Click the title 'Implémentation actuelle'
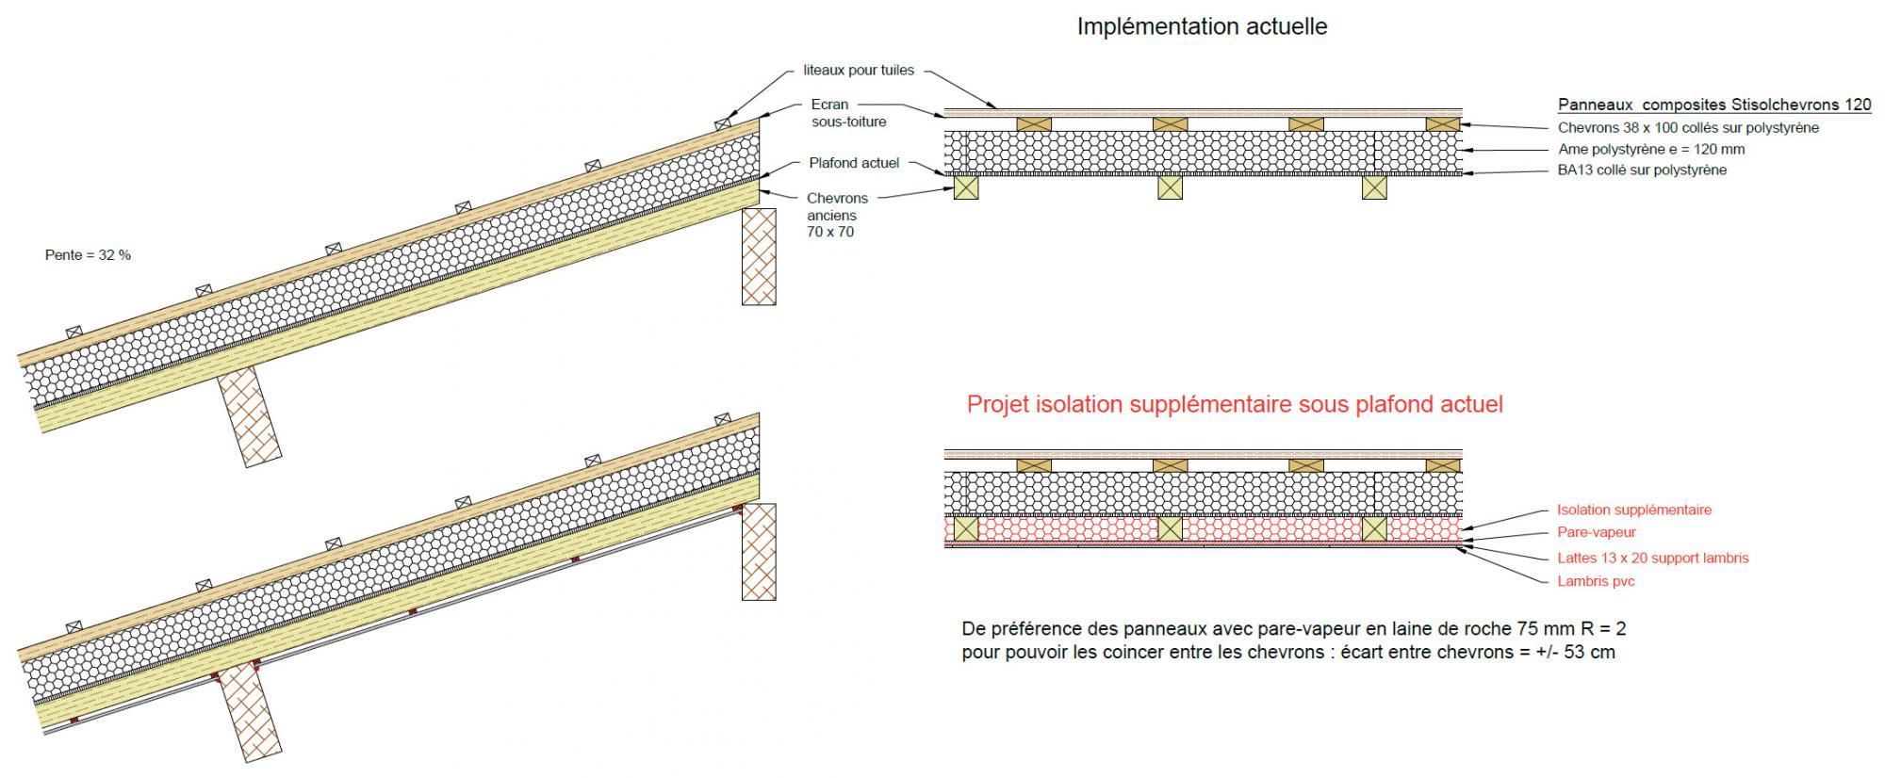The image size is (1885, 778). pyautogui.click(x=1202, y=27)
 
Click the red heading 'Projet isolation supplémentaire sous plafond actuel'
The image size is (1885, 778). pyautogui.click(x=1235, y=405)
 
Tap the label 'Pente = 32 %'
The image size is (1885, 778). pyautogui.click(x=88, y=255)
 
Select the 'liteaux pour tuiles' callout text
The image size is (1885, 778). pyautogui.click(x=859, y=71)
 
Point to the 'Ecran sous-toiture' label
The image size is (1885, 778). pyautogui.click(x=848, y=113)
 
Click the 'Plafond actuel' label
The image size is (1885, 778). pyautogui.click(x=854, y=163)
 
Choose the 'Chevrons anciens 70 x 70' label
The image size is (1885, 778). pyautogui.click(x=836, y=215)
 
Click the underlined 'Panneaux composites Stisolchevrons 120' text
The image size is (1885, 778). pyautogui.click(x=1714, y=105)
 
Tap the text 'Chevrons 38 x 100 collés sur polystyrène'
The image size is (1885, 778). pyautogui.click(x=1688, y=127)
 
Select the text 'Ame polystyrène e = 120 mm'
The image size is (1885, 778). pyautogui.click(x=1651, y=149)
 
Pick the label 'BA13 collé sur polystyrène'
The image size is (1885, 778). pyautogui.click(x=1642, y=170)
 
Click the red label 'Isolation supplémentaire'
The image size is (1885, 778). pyautogui.click(x=1634, y=510)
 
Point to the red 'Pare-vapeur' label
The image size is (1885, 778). pyautogui.click(x=1597, y=532)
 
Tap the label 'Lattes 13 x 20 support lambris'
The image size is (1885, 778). pyautogui.click(x=1652, y=558)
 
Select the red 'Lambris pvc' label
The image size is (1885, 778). pyautogui.click(x=1596, y=581)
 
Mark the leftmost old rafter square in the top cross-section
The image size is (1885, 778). pyautogui.click(x=965, y=187)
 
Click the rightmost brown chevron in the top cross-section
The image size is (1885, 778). pyautogui.click(x=1442, y=123)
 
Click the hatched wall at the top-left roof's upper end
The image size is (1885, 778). pyautogui.click(x=759, y=256)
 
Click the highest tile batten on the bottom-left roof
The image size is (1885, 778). pyautogui.click(x=723, y=418)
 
